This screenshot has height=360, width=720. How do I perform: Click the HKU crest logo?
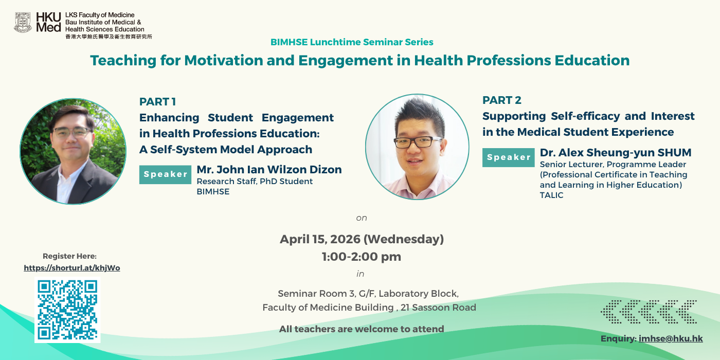point(23,23)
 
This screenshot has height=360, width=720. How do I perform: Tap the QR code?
point(67,310)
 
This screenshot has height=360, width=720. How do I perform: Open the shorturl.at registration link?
point(72,268)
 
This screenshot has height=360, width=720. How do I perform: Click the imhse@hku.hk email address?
point(671,339)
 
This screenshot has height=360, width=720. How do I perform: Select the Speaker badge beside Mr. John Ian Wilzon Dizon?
point(165,174)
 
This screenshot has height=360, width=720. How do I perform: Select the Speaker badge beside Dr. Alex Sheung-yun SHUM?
point(509,157)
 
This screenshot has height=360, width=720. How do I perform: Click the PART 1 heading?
point(157,102)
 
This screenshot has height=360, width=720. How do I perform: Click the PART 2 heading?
point(502,100)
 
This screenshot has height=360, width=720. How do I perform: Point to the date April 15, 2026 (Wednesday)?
point(362,239)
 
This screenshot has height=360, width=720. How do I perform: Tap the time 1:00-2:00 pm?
point(362,257)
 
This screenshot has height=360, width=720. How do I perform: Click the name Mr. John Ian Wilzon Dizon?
point(269,169)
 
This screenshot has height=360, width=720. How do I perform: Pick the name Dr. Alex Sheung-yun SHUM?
point(616,152)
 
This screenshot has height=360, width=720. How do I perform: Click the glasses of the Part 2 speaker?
point(418,142)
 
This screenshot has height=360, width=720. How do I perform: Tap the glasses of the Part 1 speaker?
point(72,133)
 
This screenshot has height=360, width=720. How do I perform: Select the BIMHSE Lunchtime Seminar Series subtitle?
point(352,42)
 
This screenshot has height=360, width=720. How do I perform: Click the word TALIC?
point(551,195)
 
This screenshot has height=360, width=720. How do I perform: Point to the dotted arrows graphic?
point(649,312)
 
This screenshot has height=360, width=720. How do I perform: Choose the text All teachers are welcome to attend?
point(362,329)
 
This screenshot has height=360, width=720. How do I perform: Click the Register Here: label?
point(70,256)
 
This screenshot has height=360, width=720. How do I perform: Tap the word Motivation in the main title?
point(224,61)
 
